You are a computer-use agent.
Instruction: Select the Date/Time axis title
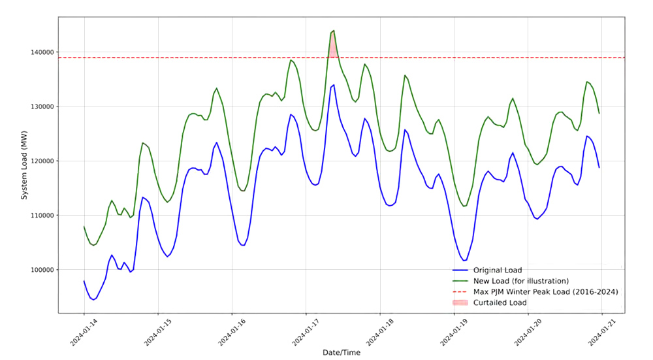click(342, 352)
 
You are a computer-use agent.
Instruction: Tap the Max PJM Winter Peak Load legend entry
click(545, 291)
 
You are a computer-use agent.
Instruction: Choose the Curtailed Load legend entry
click(500, 303)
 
